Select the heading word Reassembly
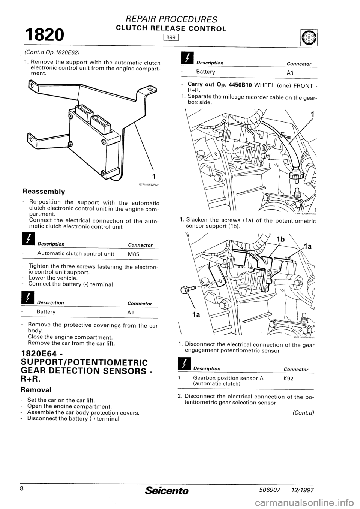pos(48,192)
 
